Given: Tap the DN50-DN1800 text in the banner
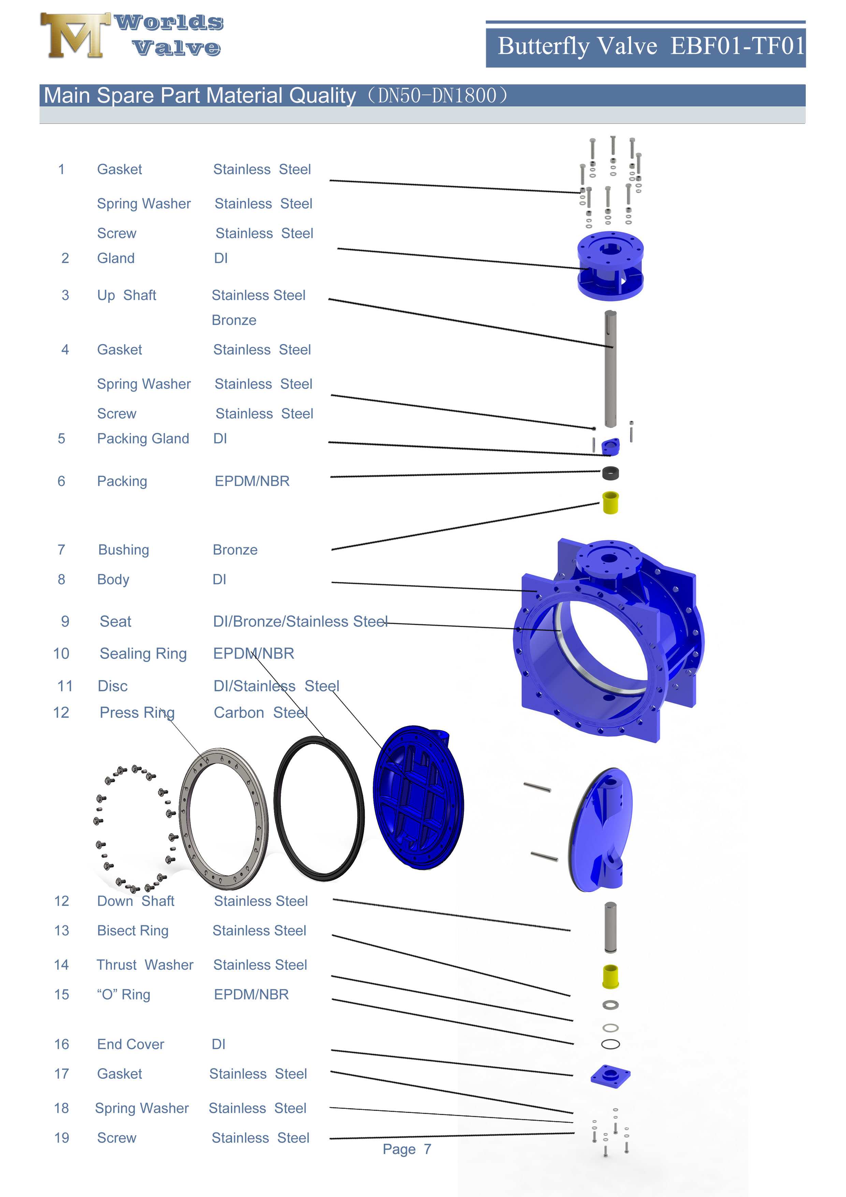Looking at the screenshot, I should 437,96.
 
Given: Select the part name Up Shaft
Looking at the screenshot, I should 127,295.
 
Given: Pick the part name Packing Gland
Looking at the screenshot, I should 143,439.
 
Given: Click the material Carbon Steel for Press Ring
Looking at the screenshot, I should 261,713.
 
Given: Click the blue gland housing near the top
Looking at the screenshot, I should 610,266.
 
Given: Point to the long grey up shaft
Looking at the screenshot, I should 610,370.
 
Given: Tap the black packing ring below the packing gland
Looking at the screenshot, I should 610,473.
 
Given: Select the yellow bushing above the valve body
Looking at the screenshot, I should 610,503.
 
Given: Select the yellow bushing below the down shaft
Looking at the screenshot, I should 610,977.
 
